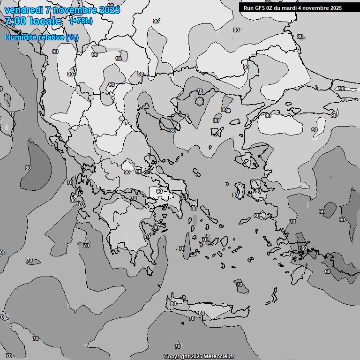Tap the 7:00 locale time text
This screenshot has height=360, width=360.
click(33, 21)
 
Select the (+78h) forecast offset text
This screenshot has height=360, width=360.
click(81, 21)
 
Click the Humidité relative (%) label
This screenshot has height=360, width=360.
click(41, 37)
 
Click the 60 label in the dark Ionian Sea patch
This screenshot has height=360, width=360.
click(28, 167)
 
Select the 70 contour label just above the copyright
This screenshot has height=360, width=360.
click(177, 346)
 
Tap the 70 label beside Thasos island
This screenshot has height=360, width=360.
click(199, 91)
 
